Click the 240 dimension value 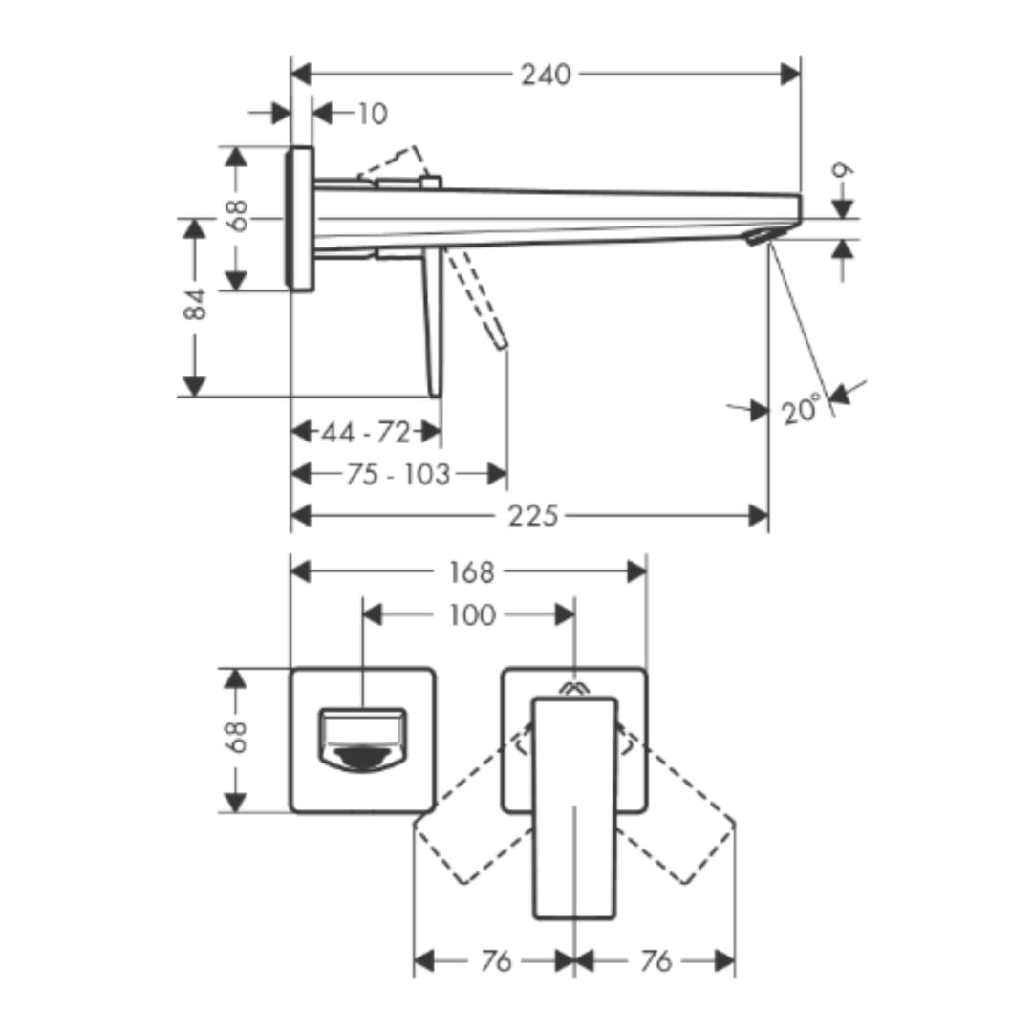(x=546, y=75)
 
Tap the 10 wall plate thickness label (x=373, y=114)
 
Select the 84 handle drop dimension (x=195, y=304)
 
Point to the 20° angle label (x=802, y=409)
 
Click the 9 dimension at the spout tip (x=843, y=170)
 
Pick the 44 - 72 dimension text (x=366, y=433)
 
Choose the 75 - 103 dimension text (x=398, y=474)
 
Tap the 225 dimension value (x=533, y=515)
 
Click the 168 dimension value (x=471, y=572)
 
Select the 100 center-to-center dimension (x=472, y=615)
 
